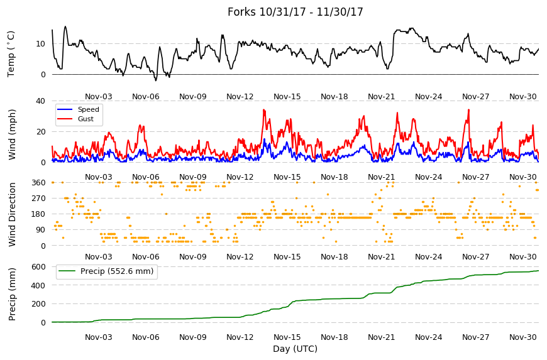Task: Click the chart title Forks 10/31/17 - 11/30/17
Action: [x=295, y=12]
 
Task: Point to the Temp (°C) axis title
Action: [x=11, y=54]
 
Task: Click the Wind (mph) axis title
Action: [x=12, y=134]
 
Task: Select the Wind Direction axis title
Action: [x=12, y=214]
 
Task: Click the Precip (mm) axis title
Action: [x=12, y=295]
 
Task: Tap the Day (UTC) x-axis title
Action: [x=295, y=349]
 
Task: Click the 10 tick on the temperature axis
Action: [x=40, y=44]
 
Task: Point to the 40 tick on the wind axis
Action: [x=40, y=101]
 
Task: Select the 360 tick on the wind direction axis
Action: [x=39, y=183]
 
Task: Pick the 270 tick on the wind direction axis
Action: [x=39, y=199]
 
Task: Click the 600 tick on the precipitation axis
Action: [x=39, y=267]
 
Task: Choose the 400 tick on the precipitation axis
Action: [x=39, y=285]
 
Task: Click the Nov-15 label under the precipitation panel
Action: [x=287, y=337]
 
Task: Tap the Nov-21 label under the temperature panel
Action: [x=381, y=97]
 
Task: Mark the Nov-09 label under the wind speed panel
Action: [x=193, y=177]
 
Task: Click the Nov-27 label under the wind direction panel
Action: [x=476, y=257]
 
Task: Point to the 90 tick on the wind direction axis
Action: [x=41, y=230]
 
